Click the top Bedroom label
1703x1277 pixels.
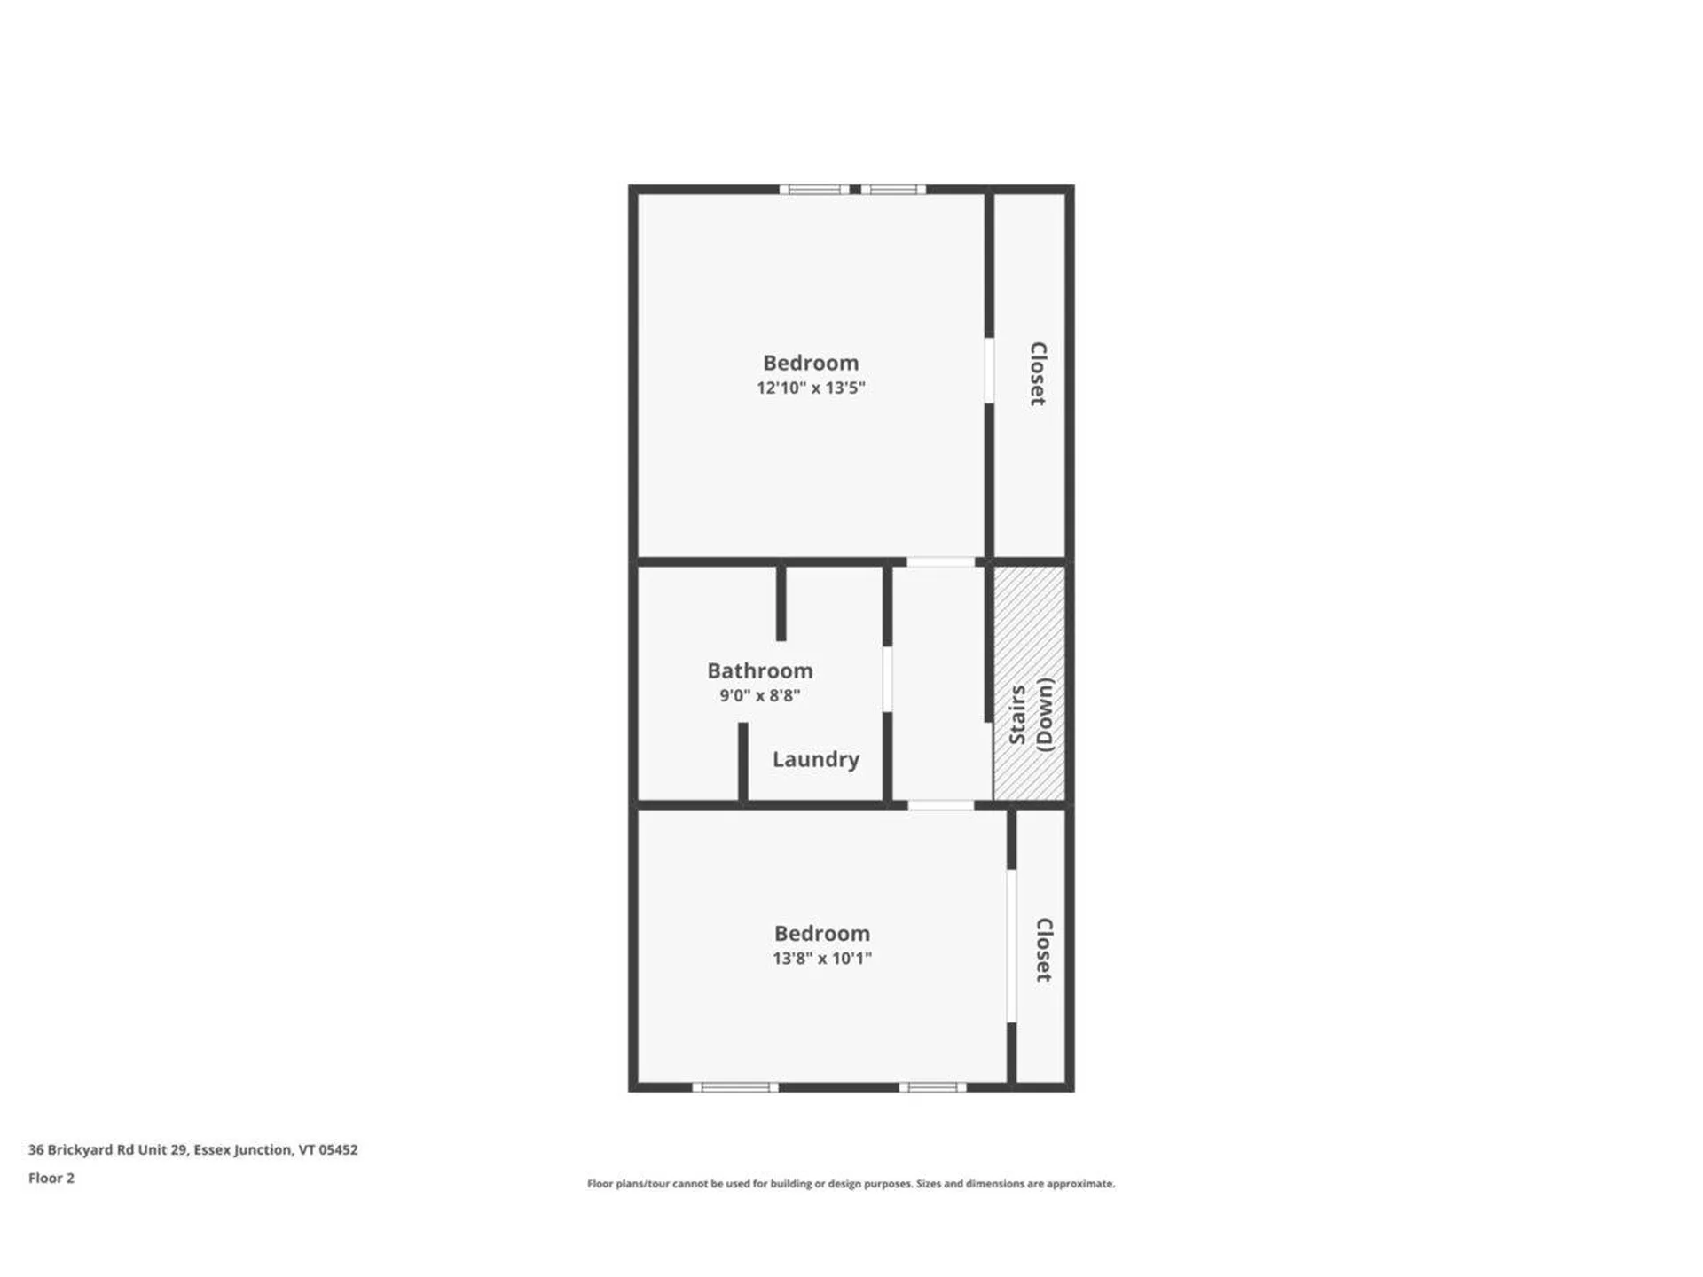(x=810, y=363)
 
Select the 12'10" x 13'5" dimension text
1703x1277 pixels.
(x=810, y=388)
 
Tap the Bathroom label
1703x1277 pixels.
(x=759, y=670)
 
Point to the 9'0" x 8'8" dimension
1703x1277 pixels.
(x=759, y=695)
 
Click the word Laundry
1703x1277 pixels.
(x=815, y=759)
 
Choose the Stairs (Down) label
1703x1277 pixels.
(x=1031, y=715)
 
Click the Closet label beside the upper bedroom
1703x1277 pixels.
(x=1037, y=373)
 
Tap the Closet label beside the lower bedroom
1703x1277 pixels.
(x=1044, y=949)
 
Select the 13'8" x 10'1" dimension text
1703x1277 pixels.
(x=821, y=958)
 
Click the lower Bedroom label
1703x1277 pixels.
(x=821, y=933)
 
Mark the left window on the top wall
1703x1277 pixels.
(x=814, y=189)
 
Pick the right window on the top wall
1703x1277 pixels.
(x=893, y=189)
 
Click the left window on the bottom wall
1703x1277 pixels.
(x=735, y=1087)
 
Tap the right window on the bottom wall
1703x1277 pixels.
(x=932, y=1087)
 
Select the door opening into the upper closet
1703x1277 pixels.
(x=989, y=371)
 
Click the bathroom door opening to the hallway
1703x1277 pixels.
(x=887, y=678)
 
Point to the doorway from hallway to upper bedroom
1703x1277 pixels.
(x=940, y=561)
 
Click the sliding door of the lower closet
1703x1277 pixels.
(x=1011, y=945)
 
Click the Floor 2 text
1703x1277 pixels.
(x=51, y=1178)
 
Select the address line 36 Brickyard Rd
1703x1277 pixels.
(x=192, y=1149)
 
